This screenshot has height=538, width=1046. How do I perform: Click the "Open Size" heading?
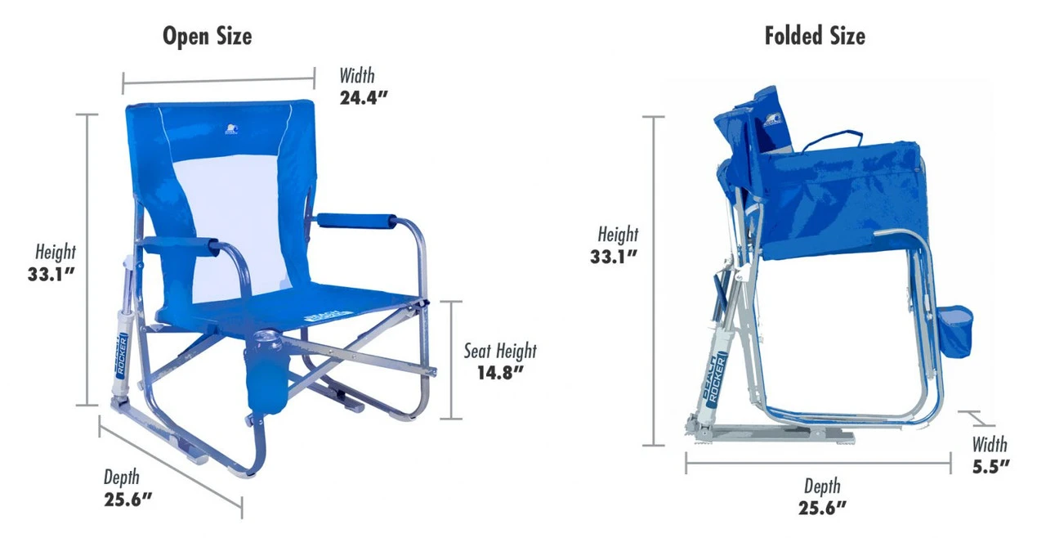point(207,37)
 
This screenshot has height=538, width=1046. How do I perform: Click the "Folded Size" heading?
point(815,36)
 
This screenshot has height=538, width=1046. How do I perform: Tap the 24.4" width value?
point(364,98)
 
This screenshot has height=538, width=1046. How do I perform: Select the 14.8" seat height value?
point(500,373)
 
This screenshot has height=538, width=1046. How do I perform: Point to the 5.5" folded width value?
point(991,467)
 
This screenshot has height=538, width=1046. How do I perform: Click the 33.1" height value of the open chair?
point(51,274)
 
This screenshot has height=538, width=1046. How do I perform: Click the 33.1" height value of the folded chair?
point(614,257)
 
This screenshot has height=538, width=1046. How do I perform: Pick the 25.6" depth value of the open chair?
point(128,500)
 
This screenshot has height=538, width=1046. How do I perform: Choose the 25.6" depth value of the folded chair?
point(822,508)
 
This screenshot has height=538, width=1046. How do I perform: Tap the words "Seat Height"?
point(500,352)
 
